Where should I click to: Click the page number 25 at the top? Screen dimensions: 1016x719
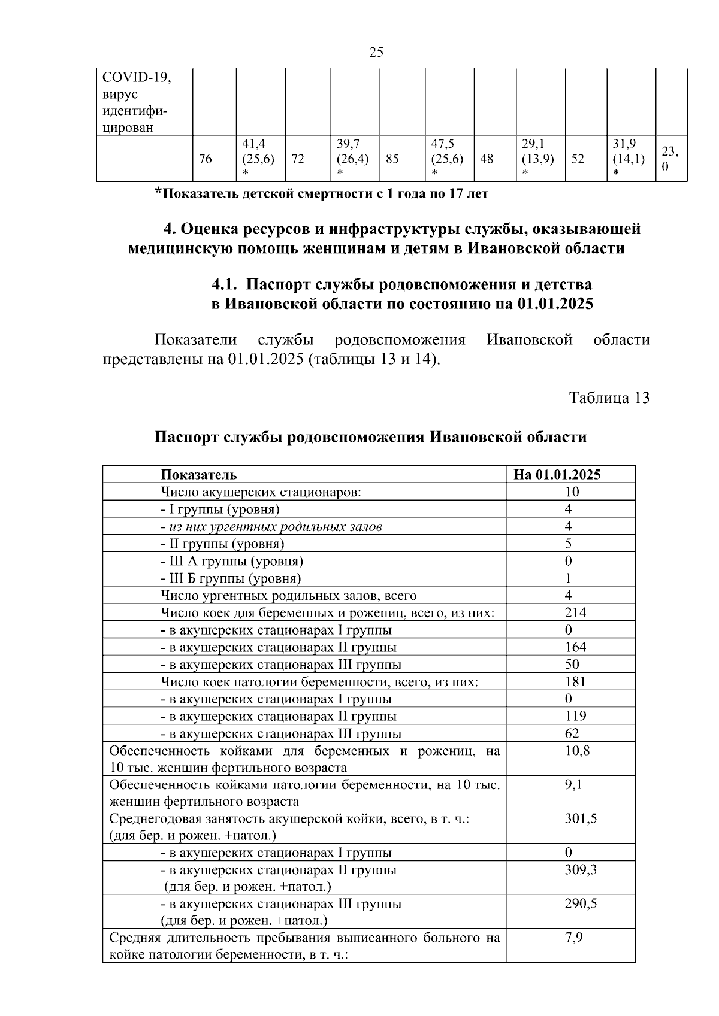click(376, 53)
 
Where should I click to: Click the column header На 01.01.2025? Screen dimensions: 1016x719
click(557, 475)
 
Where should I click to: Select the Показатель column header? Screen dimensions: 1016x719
click(198, 475)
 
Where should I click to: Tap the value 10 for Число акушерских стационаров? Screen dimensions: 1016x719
click(572, 492)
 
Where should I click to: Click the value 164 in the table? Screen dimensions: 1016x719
click(575, 647)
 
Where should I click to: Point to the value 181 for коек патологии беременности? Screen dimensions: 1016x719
click(575, 682)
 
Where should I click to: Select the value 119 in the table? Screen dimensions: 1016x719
click(575, 716)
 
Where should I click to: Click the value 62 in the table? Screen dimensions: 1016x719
click(572, 733)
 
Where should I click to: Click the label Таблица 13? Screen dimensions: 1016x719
click(609, 398)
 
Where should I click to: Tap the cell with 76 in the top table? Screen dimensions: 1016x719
click(205, 159)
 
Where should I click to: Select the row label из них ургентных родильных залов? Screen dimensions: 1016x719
click(271, 527)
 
